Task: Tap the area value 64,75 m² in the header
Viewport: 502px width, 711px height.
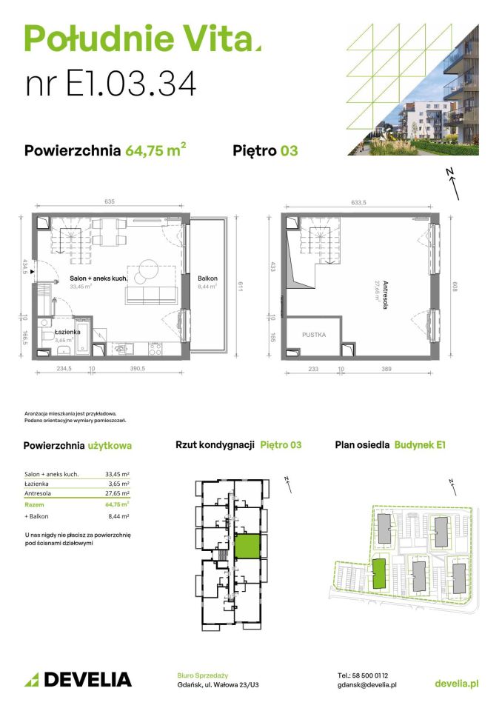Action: pyautogui.click(x=155, y=150)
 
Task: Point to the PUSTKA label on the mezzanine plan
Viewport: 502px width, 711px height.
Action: pyautogui.click(x=313, y=335)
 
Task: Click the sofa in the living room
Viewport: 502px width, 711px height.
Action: pyautogui.click(x=151, y=296)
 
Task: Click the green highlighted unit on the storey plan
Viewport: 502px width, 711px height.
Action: pyautogui.click(x=247, y=547)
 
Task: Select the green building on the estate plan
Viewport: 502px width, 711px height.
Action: pyautogui.click(x=378, y=573)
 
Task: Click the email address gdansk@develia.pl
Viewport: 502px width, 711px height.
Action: pyautogui.click(x=367, y=685)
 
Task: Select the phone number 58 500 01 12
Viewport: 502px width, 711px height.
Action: pyautogui.click(x=372, y=675)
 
